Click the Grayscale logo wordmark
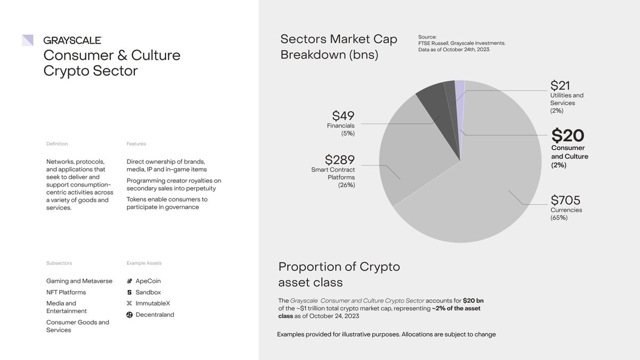73,40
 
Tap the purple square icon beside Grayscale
28,40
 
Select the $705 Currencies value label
565,201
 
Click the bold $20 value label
567,135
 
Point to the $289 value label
340,159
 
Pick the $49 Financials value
343,116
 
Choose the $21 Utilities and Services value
561,85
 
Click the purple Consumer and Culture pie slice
460,91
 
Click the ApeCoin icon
130,281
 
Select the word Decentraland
155,315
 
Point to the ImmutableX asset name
153,303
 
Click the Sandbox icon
130,292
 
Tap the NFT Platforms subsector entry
66,292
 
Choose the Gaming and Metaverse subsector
79,281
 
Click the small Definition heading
57,144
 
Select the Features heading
136,144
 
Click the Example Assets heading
144,263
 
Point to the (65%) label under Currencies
559,218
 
